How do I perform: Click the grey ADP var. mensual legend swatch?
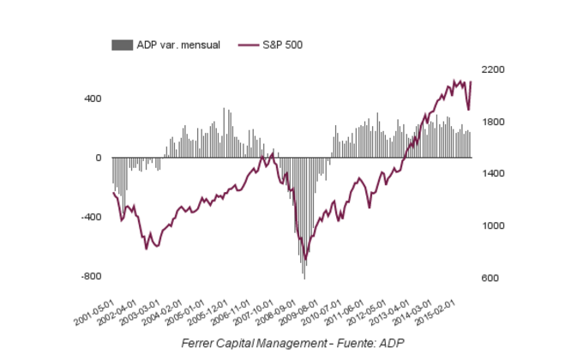click(123, 44)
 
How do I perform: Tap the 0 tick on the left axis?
click(99, 158)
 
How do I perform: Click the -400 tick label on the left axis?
click(91, 218)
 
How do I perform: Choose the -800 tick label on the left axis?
click(91, 277)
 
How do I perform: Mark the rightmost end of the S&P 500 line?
click(472, 82)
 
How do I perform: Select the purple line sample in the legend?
click(249, 44)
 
